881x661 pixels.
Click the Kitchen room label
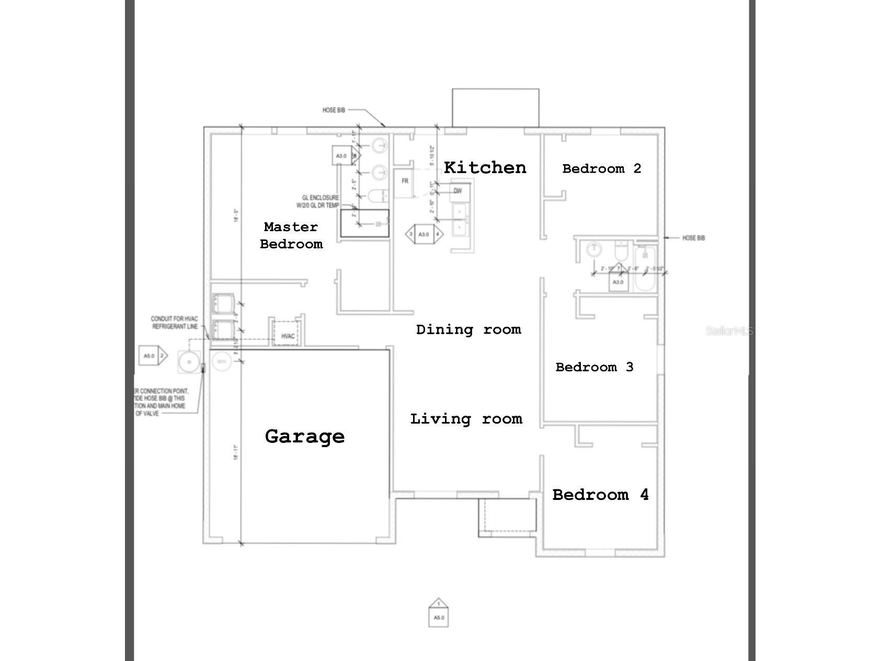tap(485, 167)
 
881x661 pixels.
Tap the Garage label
tap(305, 436)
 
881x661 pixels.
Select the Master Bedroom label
tap(291, 235)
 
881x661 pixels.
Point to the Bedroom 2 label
tap(601, 168)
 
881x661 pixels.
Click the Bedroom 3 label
tap(594, 367)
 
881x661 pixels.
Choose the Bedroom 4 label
tap(600, 495)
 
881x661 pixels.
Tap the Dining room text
tap(468, 329)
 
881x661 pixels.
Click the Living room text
tap(466, 419)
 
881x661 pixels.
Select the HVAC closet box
tap(288, 335)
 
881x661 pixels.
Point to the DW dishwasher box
tap(458, 191)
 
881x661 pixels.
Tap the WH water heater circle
tap(221, 361)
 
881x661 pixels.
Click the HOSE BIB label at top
tap(334, 110)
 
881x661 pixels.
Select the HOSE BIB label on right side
tap(693, 238)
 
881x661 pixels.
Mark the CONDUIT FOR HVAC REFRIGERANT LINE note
tap(174, 323)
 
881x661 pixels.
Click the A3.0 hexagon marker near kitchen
tap(424, 234)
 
